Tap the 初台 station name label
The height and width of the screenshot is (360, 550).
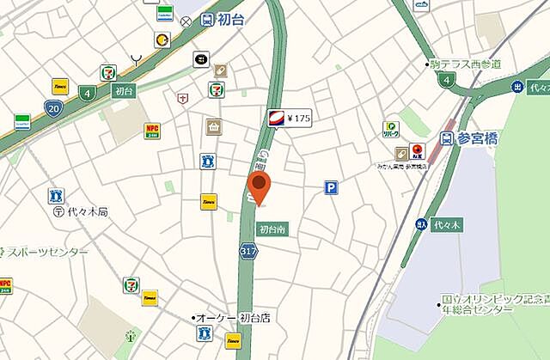coord(228,19)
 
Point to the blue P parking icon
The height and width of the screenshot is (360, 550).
coord(330,186)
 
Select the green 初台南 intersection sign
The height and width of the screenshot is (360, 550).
coord(272,229)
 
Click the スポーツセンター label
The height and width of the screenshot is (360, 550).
coord(47,252)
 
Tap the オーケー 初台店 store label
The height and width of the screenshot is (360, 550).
coord(232,318)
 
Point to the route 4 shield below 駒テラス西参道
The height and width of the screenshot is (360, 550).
coord(444,80)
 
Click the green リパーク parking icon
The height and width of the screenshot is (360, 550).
coord(391,129)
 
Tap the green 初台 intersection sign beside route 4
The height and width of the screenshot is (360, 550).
coord(123,91)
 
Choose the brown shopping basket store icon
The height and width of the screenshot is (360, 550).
coord(213,127)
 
